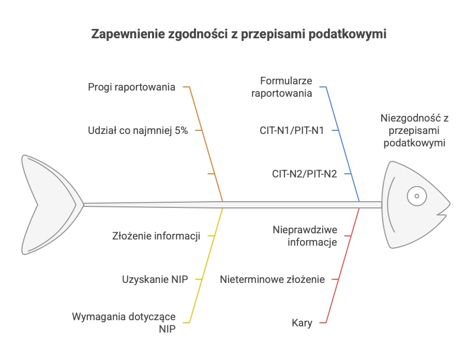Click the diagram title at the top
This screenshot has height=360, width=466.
tap(238, 34)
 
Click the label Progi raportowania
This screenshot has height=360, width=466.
tap(131, 87)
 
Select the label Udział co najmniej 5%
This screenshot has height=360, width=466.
tap(138, 130)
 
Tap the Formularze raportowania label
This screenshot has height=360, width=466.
tap(281, 87)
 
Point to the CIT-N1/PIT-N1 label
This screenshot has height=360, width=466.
tap(292, 130)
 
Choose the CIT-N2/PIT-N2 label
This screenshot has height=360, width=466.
tap(304, 174)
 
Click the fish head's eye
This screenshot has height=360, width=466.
tap(417, 196)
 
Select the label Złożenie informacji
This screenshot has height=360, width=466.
tap(156, 236)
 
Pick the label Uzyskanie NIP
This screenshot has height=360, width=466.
tap(155, 279)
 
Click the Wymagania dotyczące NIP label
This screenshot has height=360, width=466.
tap(124, 323)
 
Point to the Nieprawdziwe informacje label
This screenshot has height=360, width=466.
tap(305, 236)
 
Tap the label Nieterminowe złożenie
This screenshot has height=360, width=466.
tap(272, 279)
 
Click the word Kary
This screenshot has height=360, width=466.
tap(302, 323)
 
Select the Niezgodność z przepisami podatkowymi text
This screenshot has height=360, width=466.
tap(414, 130)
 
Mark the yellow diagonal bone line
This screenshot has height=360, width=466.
tap(206, 265)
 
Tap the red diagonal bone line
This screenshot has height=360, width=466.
tap(343, 265)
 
